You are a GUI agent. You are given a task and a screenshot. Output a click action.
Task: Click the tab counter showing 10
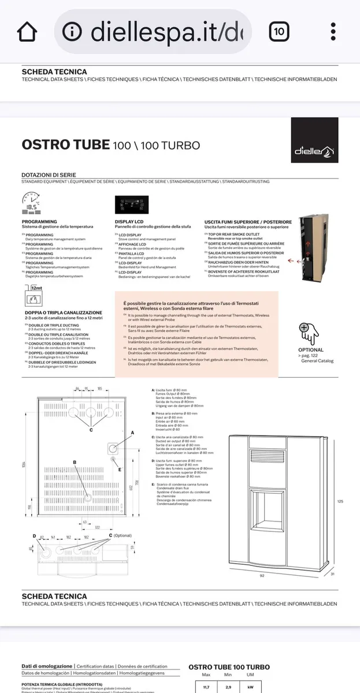(x=279, y=32)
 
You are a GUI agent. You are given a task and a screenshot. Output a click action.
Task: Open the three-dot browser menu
(x=333, y=32)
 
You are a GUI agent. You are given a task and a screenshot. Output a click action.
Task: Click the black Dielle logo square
(x=314, y=140)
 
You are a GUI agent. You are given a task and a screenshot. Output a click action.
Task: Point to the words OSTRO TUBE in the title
(x=65, y=144)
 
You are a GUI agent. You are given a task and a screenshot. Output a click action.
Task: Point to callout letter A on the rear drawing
(x=132, y=432)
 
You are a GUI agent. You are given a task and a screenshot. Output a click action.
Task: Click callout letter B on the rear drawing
(x=75, y=462)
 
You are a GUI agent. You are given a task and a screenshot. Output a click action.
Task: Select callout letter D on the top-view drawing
(x=34, y=536)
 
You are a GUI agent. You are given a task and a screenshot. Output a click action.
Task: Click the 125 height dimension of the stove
(x=340, y=501)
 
